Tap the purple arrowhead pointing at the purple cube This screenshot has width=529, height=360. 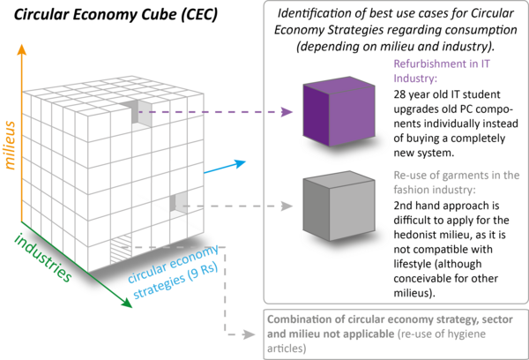[288, 112]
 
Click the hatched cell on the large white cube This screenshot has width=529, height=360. [117, 251]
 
